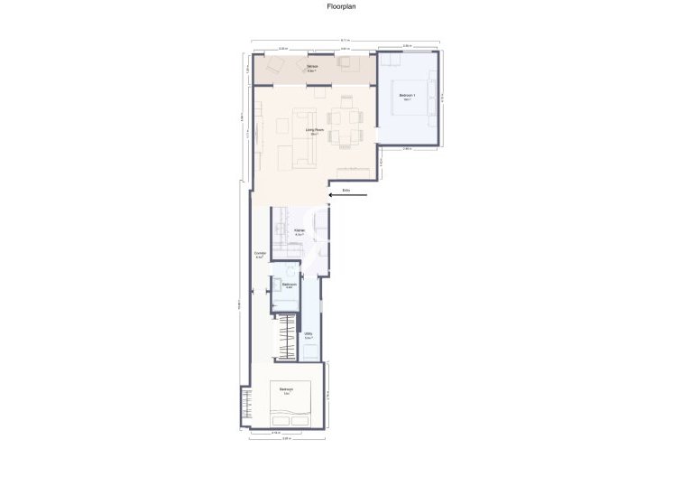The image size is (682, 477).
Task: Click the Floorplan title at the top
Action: [340, 5]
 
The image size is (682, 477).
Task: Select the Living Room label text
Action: [316, 132]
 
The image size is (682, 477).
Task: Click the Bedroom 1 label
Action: [407, 97]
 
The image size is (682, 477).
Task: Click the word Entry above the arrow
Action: [346, 190]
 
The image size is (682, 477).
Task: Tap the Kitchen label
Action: [300, 231]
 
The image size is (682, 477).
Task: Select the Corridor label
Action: [260, 254]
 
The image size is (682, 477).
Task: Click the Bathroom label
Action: [290, 285]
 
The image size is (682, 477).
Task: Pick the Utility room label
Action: [309, 337]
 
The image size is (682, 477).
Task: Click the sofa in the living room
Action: [304, 140]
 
